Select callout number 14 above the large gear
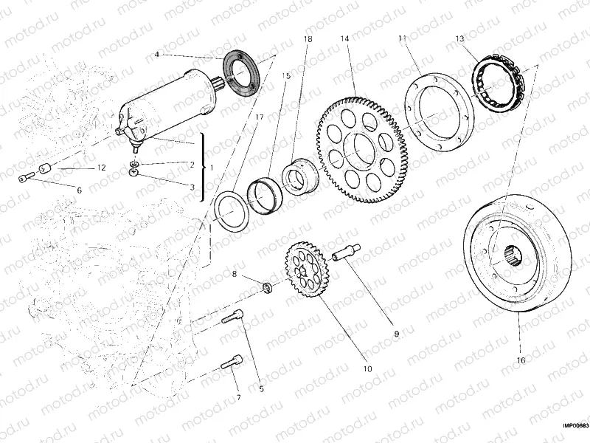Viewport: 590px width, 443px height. pyautogui.click(x=344, y=38)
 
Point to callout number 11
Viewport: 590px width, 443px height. pyautogui.click(x=402, y=38)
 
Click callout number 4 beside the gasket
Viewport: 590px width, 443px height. pyautogui.click(x=157, y=55)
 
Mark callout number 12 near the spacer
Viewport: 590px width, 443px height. pyautogui.click(x=102, y=169)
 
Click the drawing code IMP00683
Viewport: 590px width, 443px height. pyautogui.click(x=573, y=425)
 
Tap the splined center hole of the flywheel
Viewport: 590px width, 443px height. pyautogui.click(x=513, y=258)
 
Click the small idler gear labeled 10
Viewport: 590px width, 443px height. pyautogui.click(x=306, y=272)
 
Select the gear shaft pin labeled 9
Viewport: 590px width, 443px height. pyautogui.click(x=345, y=253)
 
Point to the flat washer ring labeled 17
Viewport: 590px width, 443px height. pyautogui.click(x=232, y=210)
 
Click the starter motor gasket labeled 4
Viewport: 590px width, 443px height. pyautogui.click(x=238, y=72)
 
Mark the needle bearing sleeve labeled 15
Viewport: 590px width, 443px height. pyautogui.click(x=265, y=193)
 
